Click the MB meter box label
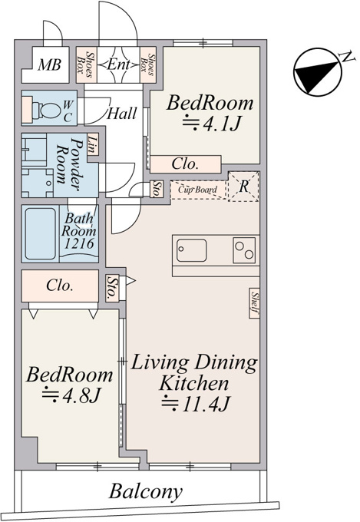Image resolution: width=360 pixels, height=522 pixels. pos(49,65)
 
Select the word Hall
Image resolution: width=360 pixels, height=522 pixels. pos(121,114)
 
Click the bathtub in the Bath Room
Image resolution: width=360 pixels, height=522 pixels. pos(41,234)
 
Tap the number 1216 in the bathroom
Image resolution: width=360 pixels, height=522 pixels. pos(79,244)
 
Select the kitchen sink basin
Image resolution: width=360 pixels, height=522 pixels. pos(191,250)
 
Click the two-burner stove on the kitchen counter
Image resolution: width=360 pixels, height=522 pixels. pos(244,250)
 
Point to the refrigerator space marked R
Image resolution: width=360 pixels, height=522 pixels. pos(244,187)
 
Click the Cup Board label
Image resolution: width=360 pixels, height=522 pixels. pos(197,190)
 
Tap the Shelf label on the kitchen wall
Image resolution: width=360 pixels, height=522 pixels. pos(255,303)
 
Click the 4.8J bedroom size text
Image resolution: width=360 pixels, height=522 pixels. pos(71,395)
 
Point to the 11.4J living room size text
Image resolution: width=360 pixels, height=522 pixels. pos(196,404)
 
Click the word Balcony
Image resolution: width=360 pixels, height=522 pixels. pos(146,491)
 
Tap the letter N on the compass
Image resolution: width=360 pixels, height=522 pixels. pos(347,57)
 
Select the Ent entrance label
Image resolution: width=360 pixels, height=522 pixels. pos(118,64)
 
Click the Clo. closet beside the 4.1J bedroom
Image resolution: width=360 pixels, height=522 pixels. pos(186,164)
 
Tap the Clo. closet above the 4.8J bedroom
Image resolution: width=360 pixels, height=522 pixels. pos(60,286)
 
